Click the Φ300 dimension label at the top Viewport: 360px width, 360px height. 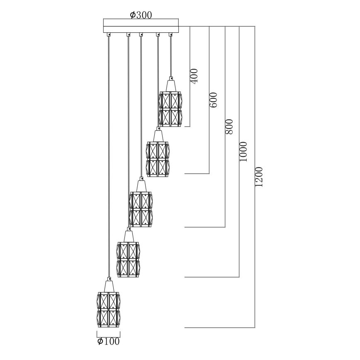pos(141,15)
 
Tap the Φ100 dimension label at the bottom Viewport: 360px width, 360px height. pos(108,341)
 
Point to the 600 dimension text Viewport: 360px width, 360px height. pos(214,100)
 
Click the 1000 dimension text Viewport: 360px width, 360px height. pos(243,151)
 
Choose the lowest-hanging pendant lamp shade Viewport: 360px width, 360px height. pos(108,310)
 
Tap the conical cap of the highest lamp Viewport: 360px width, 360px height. pos(170,85)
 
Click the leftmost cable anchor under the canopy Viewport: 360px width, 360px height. pos(109,34)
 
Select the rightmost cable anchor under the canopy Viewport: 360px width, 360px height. pos(170,34)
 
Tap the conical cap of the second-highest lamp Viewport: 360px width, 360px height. pos(158,136)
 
